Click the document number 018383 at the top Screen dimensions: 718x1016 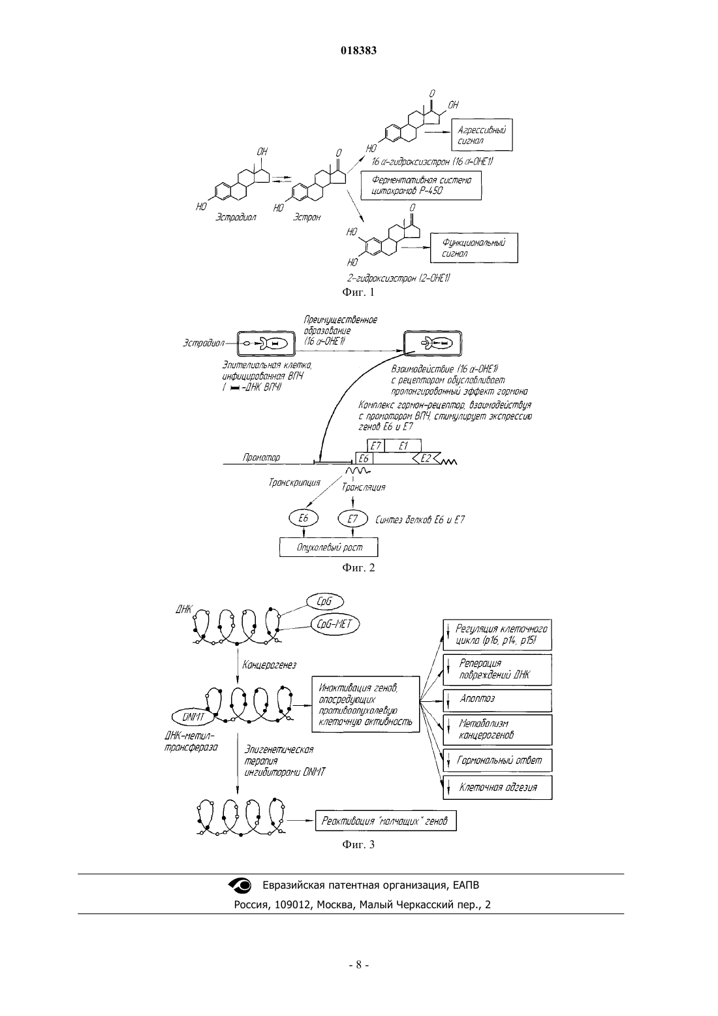click(358, 50)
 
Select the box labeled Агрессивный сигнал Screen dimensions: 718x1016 click(482, 135)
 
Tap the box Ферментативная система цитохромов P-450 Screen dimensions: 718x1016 click(421, 185)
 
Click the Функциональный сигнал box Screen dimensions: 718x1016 click(474, 248)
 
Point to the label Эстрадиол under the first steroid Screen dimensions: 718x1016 click(236, 217)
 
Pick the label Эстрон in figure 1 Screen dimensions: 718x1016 click(307, 217)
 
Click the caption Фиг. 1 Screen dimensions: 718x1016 click(358, 292)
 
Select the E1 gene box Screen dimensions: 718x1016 click(403, 446)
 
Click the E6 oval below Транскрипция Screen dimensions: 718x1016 click(304, 518)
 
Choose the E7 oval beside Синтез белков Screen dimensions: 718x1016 click(352, 518)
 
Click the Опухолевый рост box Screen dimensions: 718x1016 click(328, 547)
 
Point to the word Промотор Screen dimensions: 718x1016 click(262, 457)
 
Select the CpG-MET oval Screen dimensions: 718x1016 click(335, 625)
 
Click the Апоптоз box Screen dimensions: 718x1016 click(497, 701)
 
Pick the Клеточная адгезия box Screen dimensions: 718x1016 click(497, 787)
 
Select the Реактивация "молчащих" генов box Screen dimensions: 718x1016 click(386, 821)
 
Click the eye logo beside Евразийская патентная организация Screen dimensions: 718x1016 click(240, 885)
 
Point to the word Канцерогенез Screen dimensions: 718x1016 click(269, 665)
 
